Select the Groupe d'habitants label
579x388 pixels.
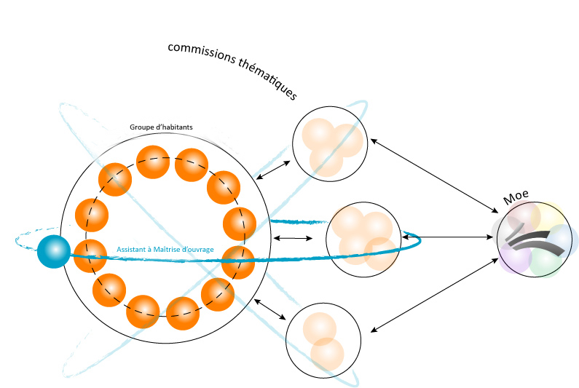coord(161,127)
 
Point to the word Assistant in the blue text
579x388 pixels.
coord(132,250)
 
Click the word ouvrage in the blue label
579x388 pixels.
coord(197,250)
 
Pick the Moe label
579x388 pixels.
coord(516,196)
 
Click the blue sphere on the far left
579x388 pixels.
coord(53,252)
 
